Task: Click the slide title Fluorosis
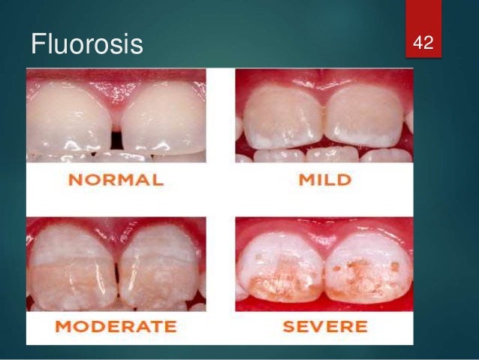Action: pos(86,44)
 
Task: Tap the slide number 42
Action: pos(424,42)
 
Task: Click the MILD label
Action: pos(324,180)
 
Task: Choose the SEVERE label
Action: pos(324,327)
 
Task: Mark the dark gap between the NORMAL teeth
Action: pos(116,140)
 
